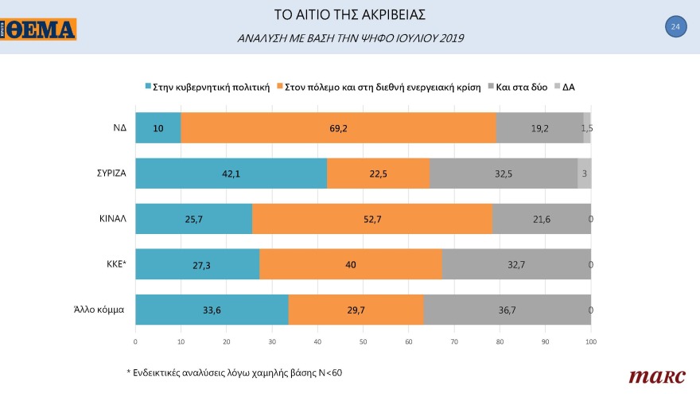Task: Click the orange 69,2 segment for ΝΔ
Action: pyautogui.click(x=338, y=128)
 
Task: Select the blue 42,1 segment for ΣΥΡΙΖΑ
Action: pyautogui.click(x=231, y=174)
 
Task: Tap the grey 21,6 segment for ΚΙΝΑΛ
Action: pyautogui.click(x=541, y=219)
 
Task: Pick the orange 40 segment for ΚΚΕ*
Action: pyautogui.click(x=350, y=264)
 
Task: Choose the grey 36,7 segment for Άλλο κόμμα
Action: pyautogui.click(x=507, y=310)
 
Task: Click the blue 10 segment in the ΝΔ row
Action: pyautogui.click(x=158, y=128)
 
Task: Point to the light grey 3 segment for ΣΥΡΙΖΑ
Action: pyautogui.click(x=584, y=174)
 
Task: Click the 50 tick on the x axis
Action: pyautogui.click(x=363, y=341)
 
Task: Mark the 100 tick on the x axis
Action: pyautogui.click(x=590, y=341)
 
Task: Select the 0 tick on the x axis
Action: pyautogui.click(x=135, y=341)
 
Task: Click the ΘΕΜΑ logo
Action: pyautogui.click(x=39, y=29)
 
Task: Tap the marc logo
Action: pyautogui.click(x=652, y=375)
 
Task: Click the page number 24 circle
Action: pyautogui.click(x=675, y=27)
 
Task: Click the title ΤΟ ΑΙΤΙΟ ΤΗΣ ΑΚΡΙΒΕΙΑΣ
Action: pyautogui.click(x=350, y=15)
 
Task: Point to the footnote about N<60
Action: pyautogui.click(x=235, y=373)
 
